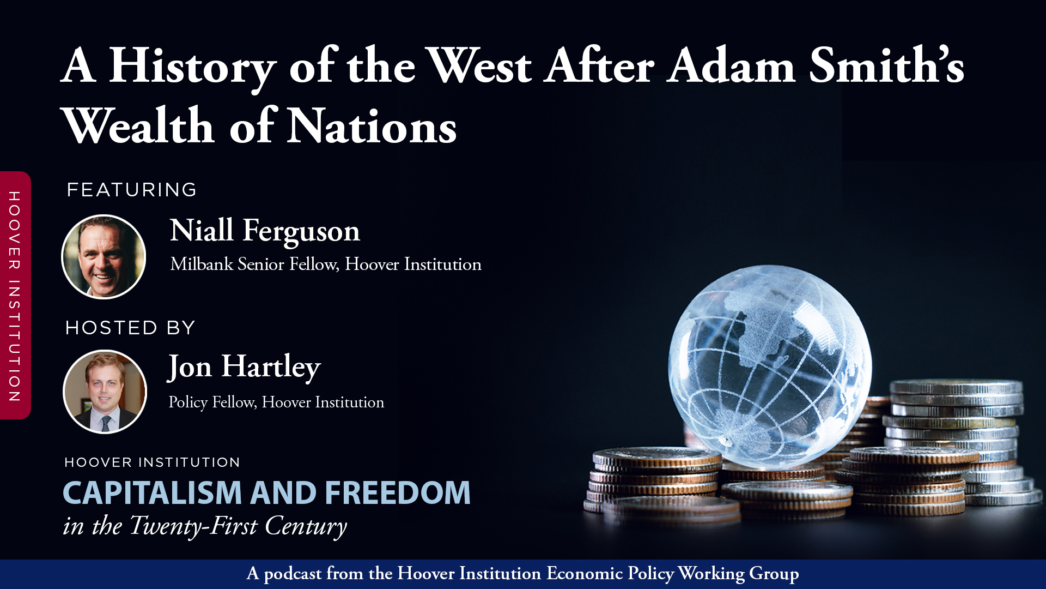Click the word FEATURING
coord(131,190)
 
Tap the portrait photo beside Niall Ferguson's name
coord(104,257)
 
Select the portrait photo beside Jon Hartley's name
coord(105,392)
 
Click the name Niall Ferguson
coord(265,231)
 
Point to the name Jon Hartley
coord(244,366)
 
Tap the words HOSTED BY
coord(130,328)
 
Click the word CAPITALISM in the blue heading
coord(152,493)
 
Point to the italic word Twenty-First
coord(193,526)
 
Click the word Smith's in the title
coord(886,67)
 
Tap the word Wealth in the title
coord(138,127)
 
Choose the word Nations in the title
coord(372,127)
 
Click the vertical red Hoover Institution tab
coord(15,296)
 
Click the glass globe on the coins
coord(769,365)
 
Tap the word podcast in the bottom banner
coord(293,574)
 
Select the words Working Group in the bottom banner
coord(738,574)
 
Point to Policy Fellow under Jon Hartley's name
coord(212,402)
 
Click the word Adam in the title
coord(731,67)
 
